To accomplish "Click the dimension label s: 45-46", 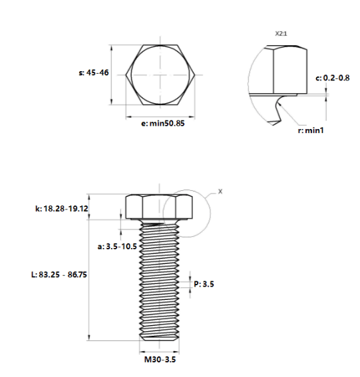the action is (x=94, y=72).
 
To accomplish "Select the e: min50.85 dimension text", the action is (x=163, y=124).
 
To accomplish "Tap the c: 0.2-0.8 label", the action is (x=333, y=78).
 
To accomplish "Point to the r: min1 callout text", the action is (x=311, y=130).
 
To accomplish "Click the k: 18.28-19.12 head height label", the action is (x=62, y=209).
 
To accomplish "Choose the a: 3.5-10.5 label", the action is (x=117, y=247).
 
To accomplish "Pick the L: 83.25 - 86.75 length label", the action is (x=59, y=275).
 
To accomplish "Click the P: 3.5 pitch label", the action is (x=204, y=284).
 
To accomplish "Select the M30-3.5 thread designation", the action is (x=160, y=360).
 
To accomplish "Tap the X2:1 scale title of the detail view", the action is (x=281, y=34).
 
